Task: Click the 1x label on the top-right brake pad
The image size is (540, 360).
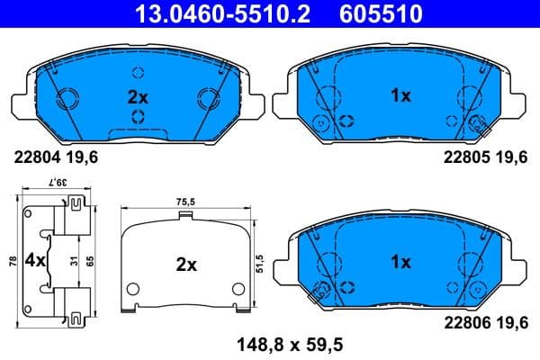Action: [x=400, y=94]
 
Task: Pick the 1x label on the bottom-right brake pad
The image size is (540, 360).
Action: [x=400, y=262]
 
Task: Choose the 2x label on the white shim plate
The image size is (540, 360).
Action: [x=186, y=265]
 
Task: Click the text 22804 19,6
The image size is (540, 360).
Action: [x=54, y=157]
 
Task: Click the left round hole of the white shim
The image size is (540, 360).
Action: [x=133, y=289]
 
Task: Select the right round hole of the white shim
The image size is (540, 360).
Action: [x=238, y=289]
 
